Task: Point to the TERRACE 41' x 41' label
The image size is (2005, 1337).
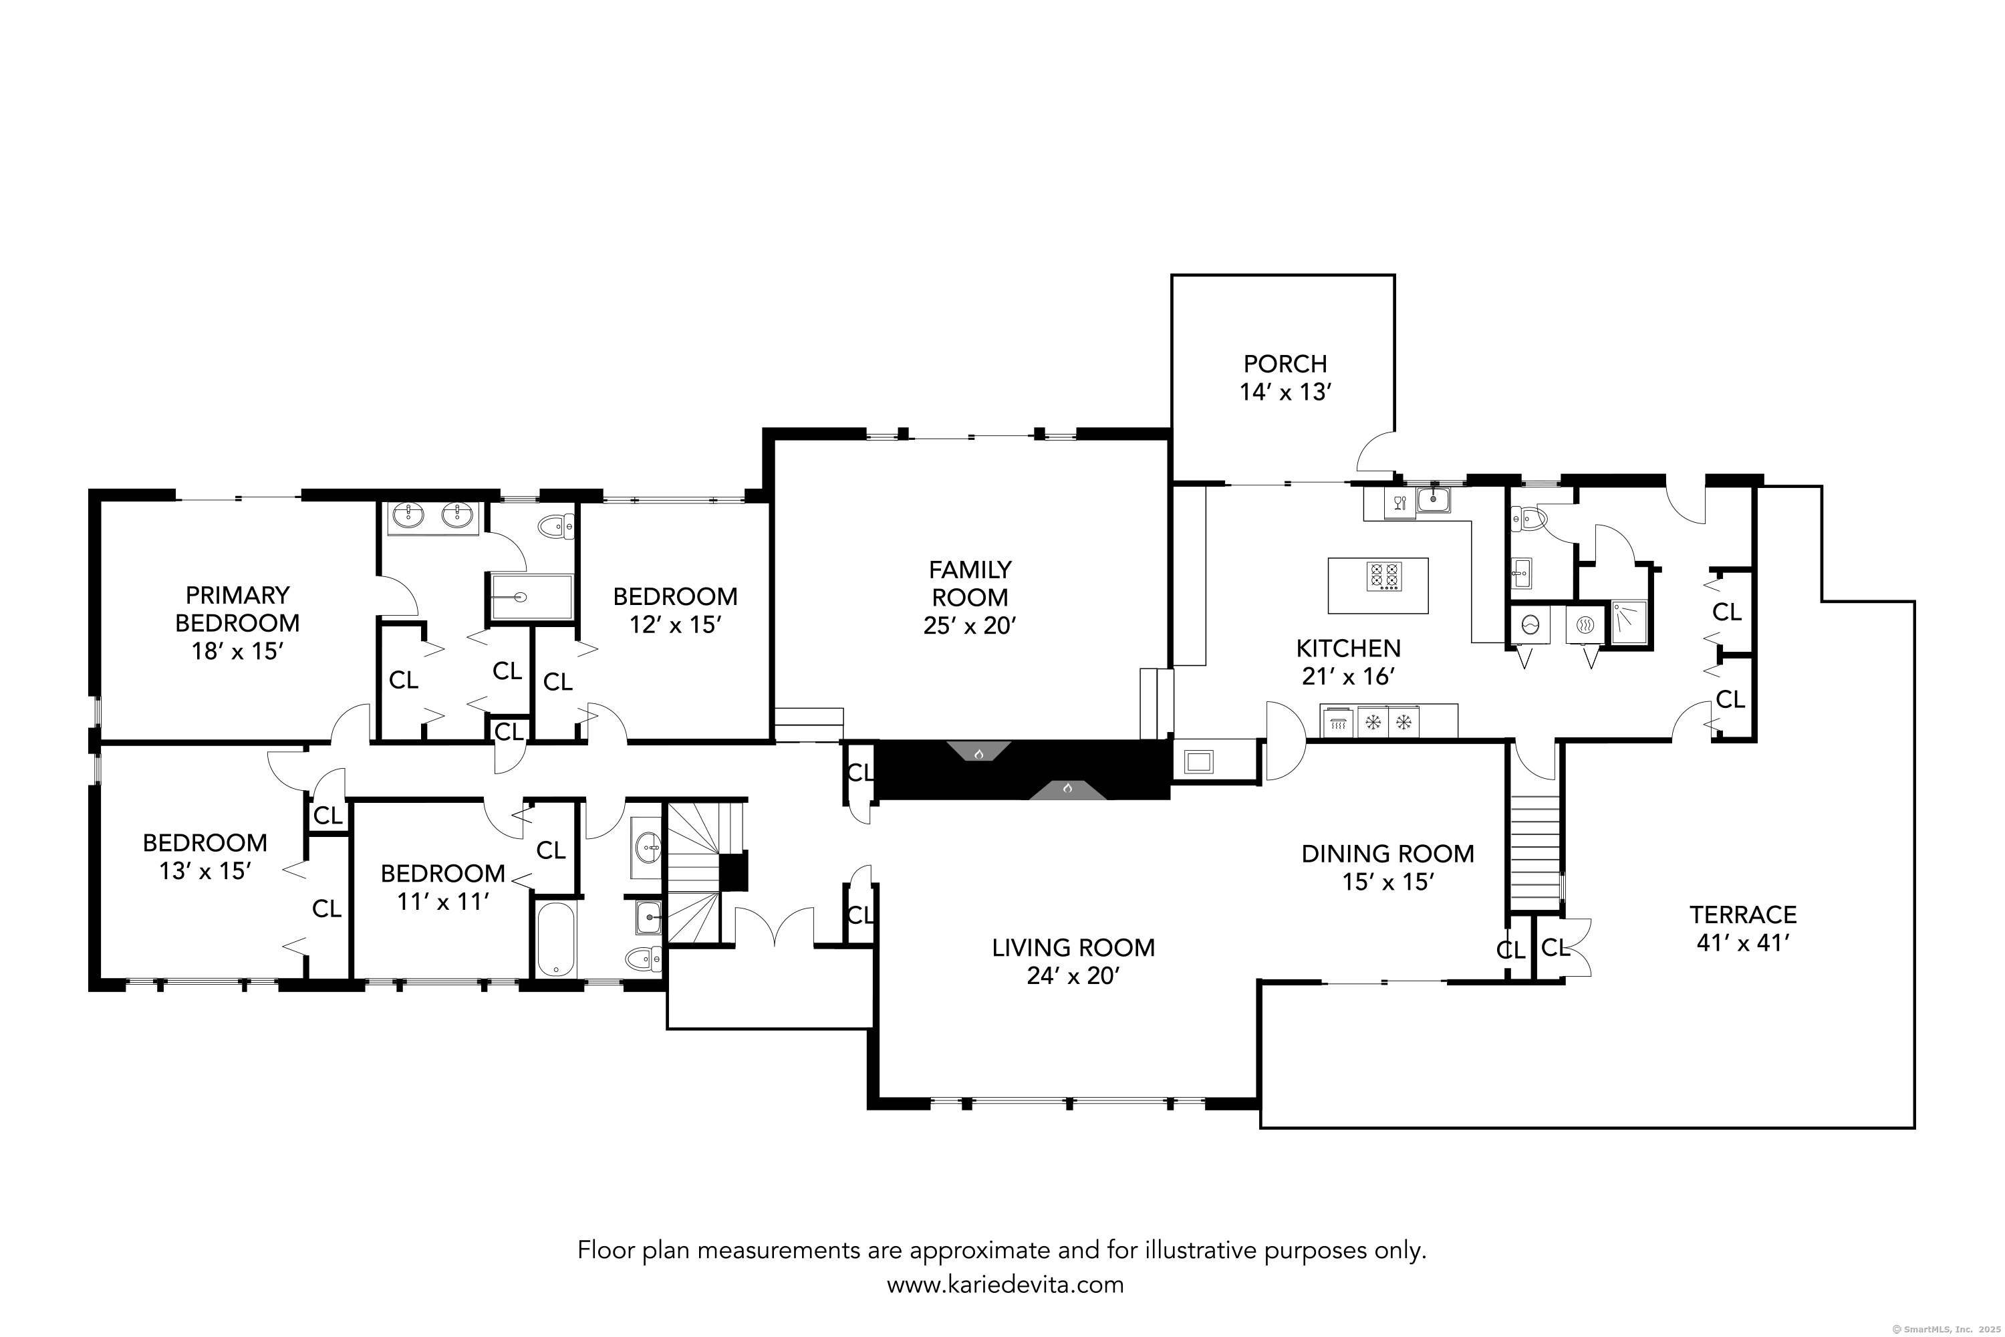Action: (1743, 929)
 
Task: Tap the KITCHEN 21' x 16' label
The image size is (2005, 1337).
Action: (1348, 662)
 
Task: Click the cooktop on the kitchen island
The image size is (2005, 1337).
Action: (1384, 576)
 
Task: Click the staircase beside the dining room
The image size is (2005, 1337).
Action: (1534, 854)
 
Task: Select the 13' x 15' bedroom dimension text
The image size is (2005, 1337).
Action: (205, 870)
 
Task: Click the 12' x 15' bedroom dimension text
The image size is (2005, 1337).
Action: (675, 624)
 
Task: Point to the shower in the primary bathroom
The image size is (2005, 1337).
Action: (530, 597)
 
